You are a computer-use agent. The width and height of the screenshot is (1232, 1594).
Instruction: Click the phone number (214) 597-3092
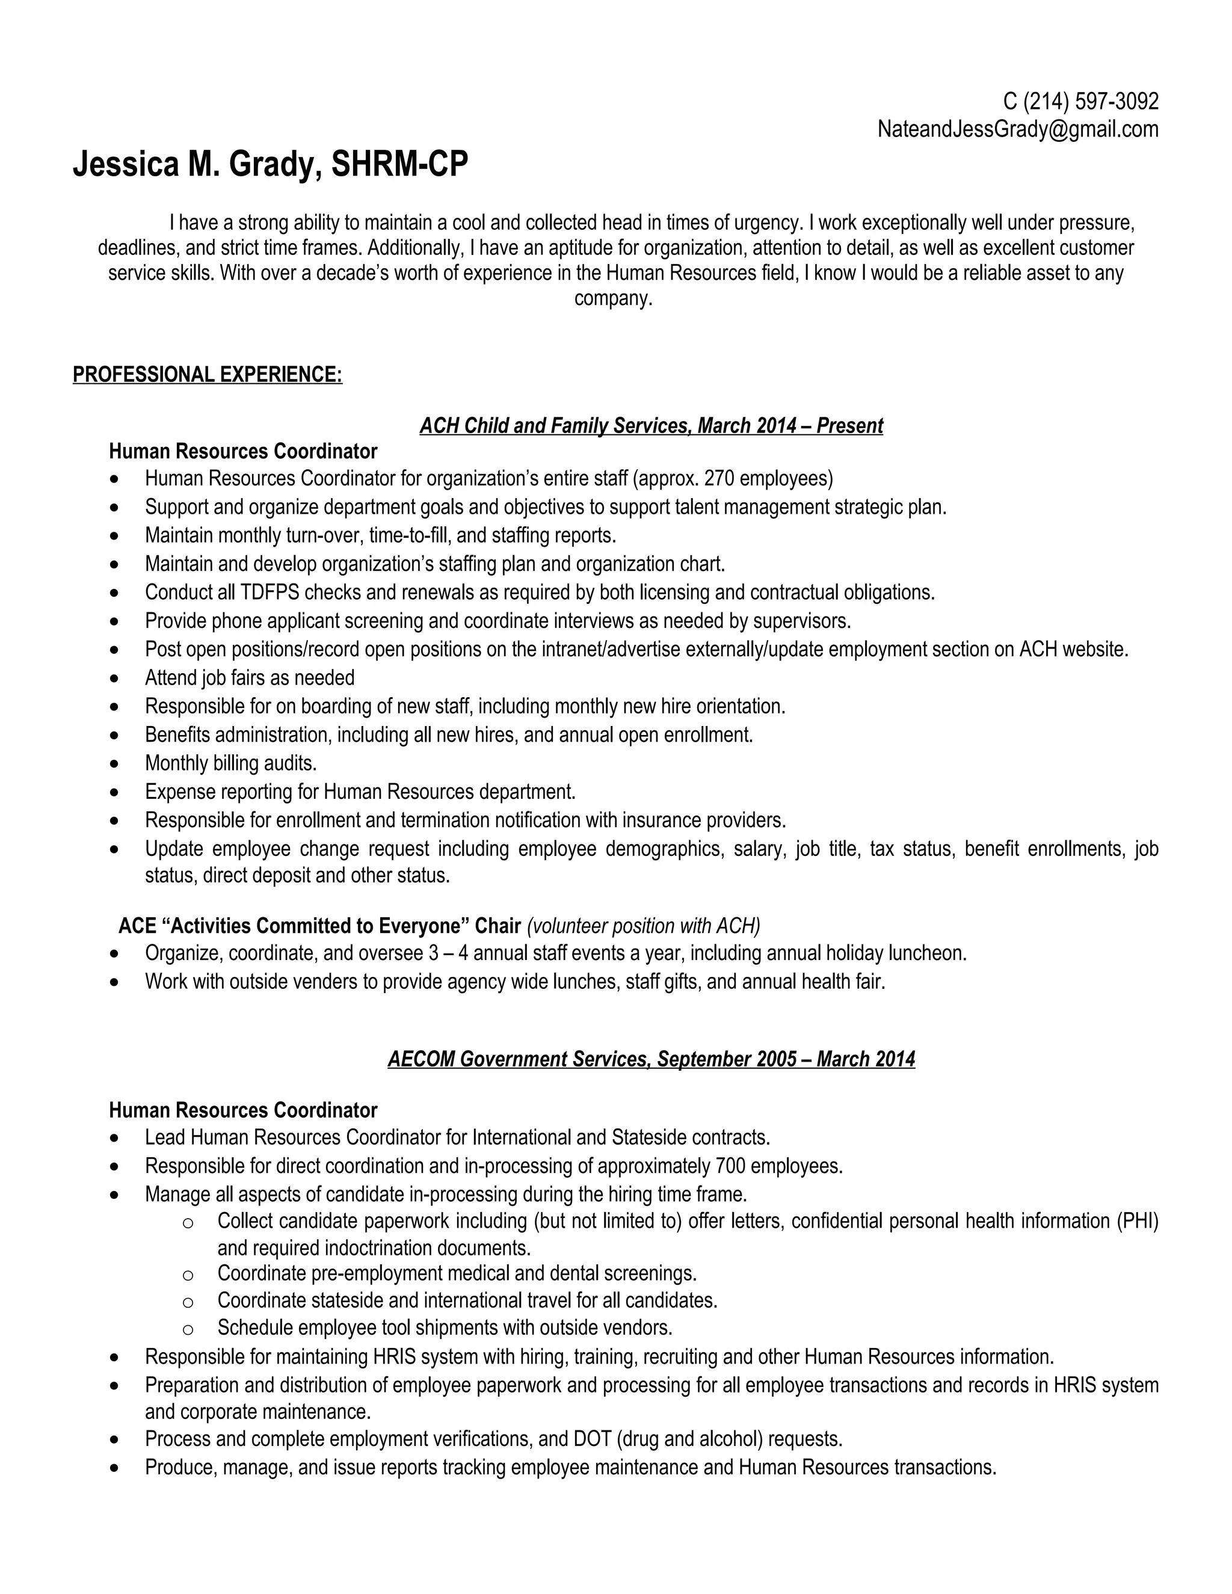coord(1091,100)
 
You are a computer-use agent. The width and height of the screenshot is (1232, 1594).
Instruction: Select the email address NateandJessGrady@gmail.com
coord(1017,129)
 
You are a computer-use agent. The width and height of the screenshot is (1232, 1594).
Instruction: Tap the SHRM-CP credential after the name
coord(399,164)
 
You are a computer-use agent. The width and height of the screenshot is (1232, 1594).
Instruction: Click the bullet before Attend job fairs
coord(114,679)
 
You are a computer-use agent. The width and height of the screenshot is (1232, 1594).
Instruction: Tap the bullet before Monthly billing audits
coord(114,764)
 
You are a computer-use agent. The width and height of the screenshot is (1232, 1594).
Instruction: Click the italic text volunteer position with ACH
coord(643,926)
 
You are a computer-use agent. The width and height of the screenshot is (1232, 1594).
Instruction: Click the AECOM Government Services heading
coord(650,1059)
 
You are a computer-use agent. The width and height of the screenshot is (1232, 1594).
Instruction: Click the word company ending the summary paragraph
coord(612,298)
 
